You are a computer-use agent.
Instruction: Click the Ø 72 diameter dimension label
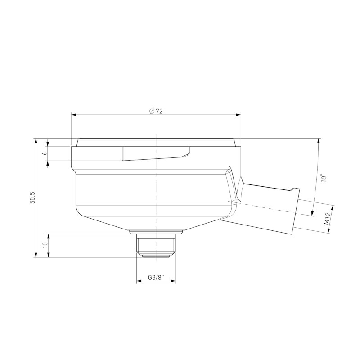tap(156, 111)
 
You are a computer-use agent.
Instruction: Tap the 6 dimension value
tap(45, 153)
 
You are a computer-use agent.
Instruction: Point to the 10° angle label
tap(324, 178)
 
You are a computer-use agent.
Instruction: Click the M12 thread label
tap(327, 219)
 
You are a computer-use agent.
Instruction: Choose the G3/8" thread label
tap(156, 278)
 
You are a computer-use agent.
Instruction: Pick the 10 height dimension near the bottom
tap(45, 245)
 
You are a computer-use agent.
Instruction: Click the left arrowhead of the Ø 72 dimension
tap(73, 115)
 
